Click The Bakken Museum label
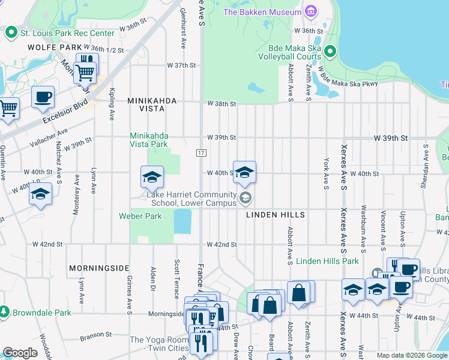(x=262, y=12)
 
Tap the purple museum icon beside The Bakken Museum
(x=310, y=11)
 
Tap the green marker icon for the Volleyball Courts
(x=329, y=52)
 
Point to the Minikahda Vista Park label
(x=149, y=140)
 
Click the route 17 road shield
(x=200, y=154)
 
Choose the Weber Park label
(x=140, y=216)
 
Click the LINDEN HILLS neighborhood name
(x=275, y=215)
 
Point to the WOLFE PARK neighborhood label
(x=55, y=47)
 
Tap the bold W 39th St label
(x=390, y=138)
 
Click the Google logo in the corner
(x=20, y=353)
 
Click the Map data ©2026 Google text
(x=411, y=355)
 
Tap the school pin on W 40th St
(x=244, y=172)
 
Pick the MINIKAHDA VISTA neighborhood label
(x=152, y=101)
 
